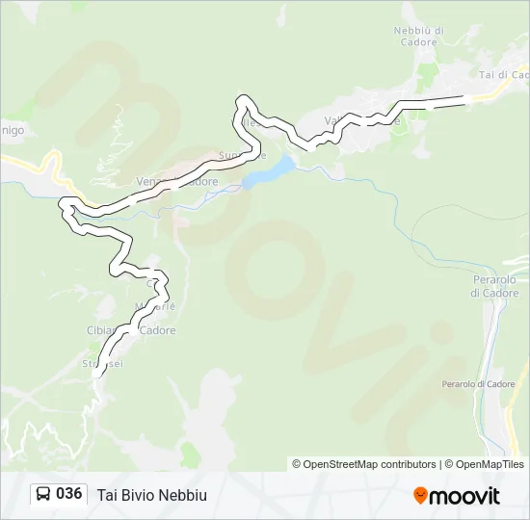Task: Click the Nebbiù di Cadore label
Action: [418, 37]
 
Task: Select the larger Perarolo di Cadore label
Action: [495, 286]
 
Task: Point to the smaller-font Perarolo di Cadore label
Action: [478, 384]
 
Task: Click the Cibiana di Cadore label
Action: [131, 330]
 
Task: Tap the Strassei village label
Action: [103, 364]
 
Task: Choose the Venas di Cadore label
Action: [177, 181]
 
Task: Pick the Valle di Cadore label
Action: [361, 121]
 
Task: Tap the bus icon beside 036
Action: [43, 495]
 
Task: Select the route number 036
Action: [68, 494]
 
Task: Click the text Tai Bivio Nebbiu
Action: [151, 495]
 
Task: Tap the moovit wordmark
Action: [464, 496]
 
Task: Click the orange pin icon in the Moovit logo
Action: [420, 495]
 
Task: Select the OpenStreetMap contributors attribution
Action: [364, 464]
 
